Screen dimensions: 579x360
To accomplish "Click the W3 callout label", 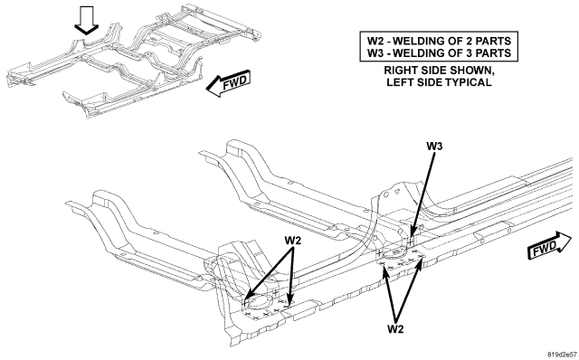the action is [434, 147].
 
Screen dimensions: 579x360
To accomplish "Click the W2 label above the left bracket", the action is [293, 240].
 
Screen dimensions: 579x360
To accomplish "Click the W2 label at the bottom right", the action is [395, 328].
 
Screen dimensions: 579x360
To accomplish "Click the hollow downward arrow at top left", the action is [87, 21].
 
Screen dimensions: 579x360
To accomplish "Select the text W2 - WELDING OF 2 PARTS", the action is [439, 41].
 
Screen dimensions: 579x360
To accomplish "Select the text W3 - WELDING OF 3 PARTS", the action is [439, 52].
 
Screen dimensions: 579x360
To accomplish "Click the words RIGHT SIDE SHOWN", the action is [438, 71].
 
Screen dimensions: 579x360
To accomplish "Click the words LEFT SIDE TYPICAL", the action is [439, 82].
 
